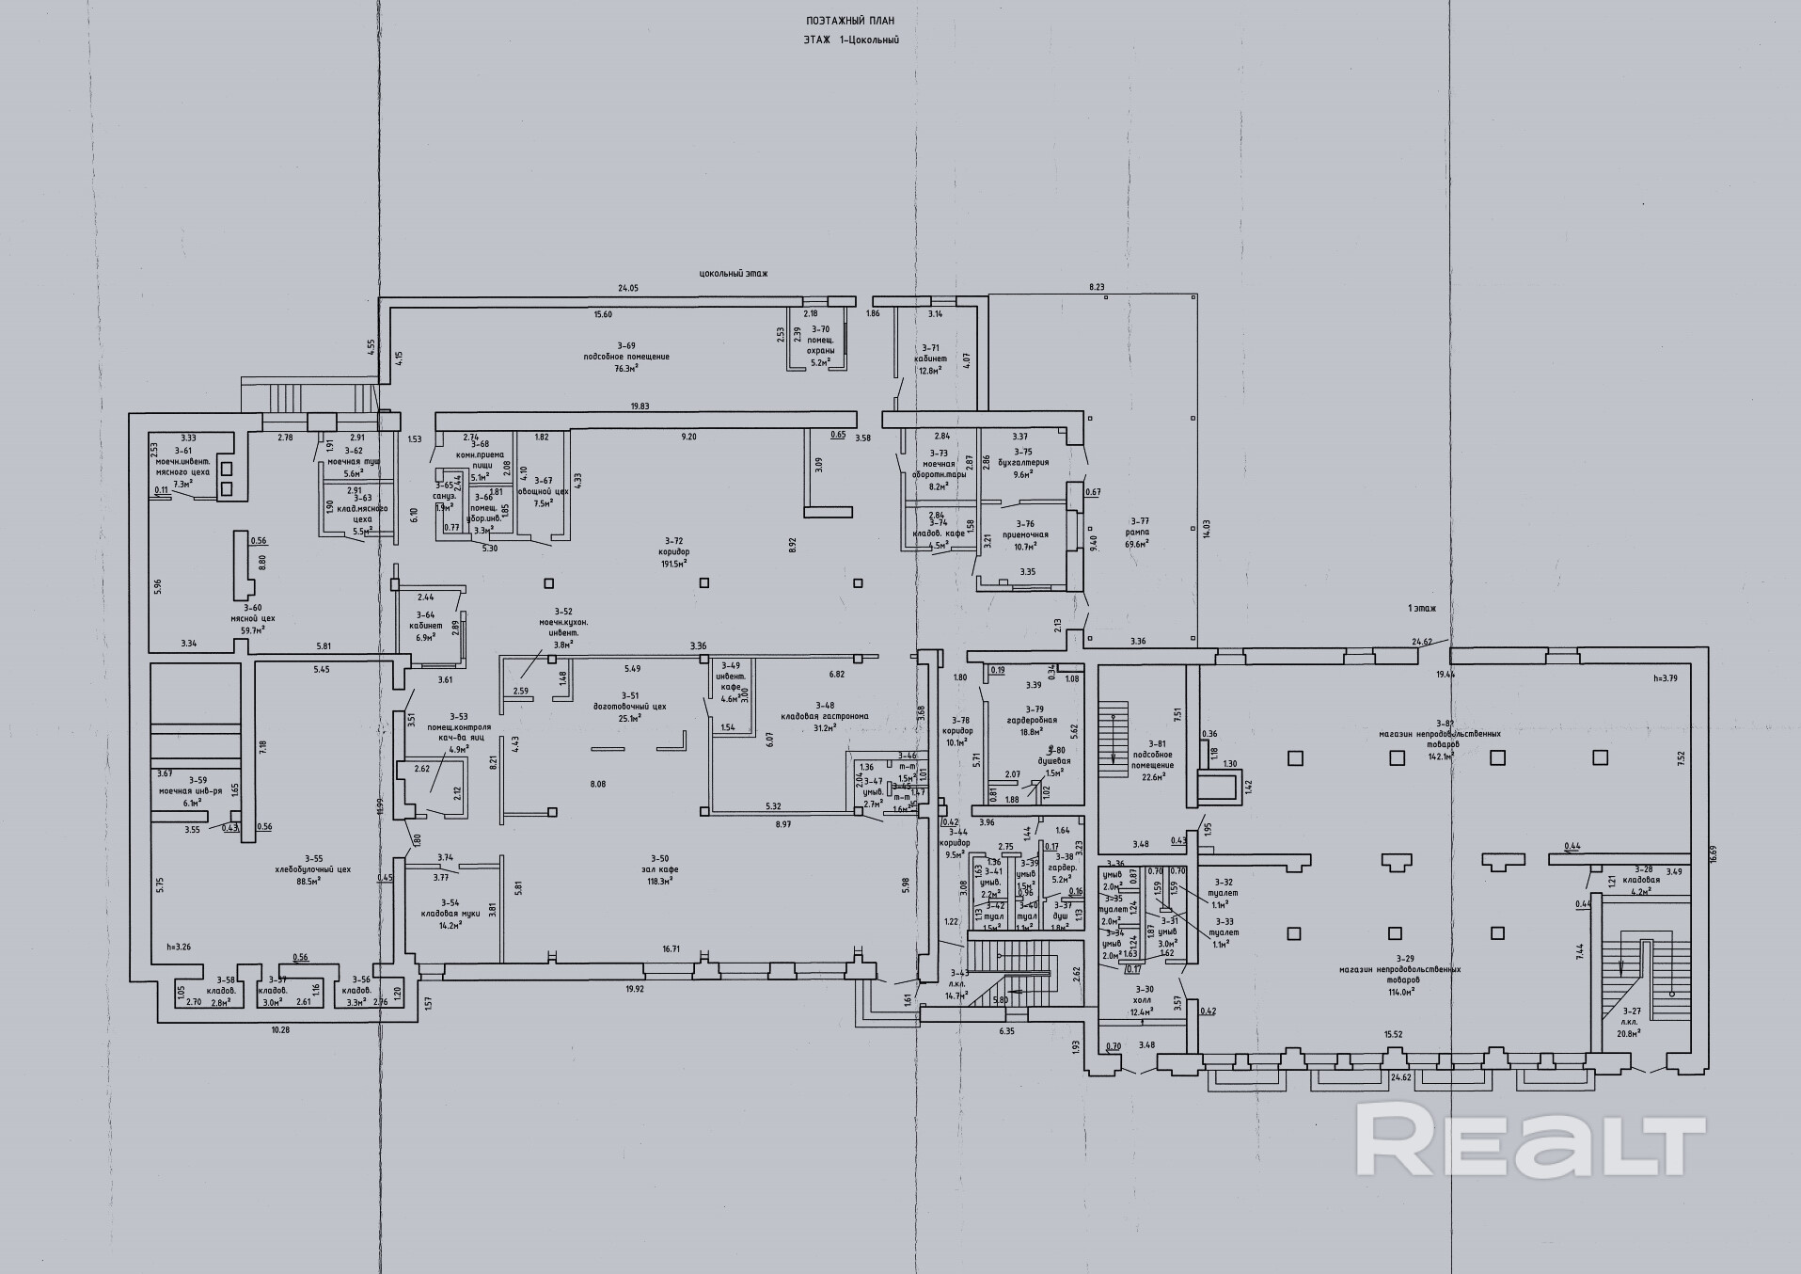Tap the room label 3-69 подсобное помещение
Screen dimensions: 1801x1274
point(625,357)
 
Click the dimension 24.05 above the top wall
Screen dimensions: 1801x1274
point(627,288)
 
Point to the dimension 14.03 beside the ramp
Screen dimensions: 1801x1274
point(1207,528)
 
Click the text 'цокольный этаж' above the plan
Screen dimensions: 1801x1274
point(734,274)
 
